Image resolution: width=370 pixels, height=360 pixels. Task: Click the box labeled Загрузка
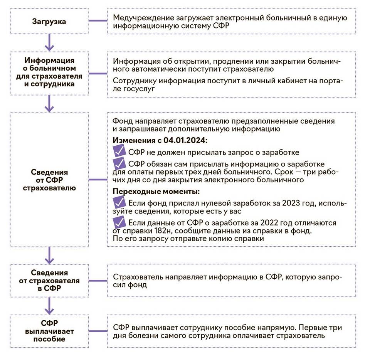click(49, 21)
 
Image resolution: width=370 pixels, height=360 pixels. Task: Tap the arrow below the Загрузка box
click(49, 43)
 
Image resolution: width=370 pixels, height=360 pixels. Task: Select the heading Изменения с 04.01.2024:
click(160, 141)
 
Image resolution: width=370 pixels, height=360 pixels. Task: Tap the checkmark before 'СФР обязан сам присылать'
click(119, 163)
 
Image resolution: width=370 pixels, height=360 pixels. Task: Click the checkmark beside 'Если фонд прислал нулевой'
click(119, 202)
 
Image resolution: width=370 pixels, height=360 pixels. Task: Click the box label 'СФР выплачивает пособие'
click(49, 330)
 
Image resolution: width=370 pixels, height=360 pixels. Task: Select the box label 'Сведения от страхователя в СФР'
click(49, 281)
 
